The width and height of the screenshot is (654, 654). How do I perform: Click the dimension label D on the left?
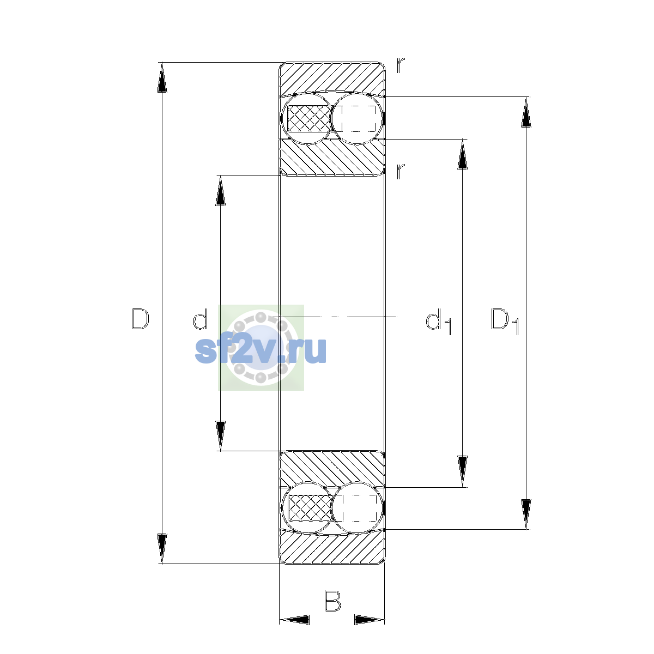pyautogui.click(x=140, y=319)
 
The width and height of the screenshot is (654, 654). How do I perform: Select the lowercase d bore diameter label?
pyautogui.click(x=200, y=319)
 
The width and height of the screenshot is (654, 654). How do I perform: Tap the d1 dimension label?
pyautogui.click(x=438, y=321)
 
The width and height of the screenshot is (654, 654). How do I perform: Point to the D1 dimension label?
pyautogui.click(x=505, y=321)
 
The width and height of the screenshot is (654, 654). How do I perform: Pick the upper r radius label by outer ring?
pyautogui.click(x=401, y=65)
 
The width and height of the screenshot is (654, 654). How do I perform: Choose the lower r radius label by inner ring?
pyautogui.click(x=401, y=171)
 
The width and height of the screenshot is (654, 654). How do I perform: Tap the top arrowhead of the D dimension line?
pyautogui.click(x=162, y=77)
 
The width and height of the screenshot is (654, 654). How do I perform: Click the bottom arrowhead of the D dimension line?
pyautogui.click(x=162, y=549)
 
